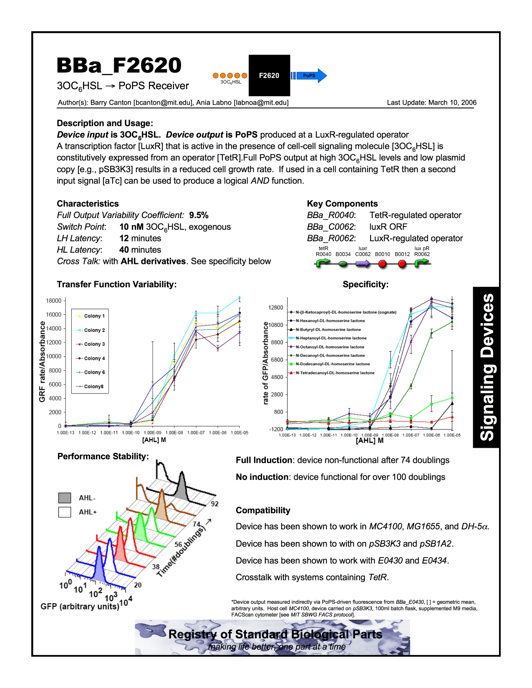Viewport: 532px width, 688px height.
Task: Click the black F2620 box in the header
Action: [269, 75]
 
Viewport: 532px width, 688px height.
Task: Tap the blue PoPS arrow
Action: [309, 75]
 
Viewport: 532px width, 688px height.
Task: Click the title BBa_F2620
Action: [119, 65]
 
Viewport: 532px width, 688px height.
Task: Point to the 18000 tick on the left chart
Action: [53, 301]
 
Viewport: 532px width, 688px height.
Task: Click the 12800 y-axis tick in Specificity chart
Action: [275, 308]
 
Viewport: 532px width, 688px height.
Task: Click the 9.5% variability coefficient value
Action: [199, 215]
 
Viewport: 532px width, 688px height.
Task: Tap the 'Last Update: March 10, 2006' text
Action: [431, 103]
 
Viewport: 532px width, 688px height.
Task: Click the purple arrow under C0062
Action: [363, 264]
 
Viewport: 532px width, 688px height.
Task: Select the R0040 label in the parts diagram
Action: [323, 254]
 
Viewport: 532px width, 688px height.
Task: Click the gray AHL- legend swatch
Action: [65, 498]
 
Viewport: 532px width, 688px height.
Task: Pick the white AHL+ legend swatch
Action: [65, 512]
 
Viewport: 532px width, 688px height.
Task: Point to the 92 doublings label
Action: [214, 504]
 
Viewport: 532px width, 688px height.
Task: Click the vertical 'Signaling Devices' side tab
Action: [486, 367]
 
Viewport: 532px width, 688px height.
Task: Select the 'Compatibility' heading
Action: [263, 510]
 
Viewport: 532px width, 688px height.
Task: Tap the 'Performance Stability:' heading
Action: [103, 456]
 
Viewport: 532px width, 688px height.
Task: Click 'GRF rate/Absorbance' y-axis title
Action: [42, 362]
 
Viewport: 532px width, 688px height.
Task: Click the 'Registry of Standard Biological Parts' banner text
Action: [275, 634]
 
